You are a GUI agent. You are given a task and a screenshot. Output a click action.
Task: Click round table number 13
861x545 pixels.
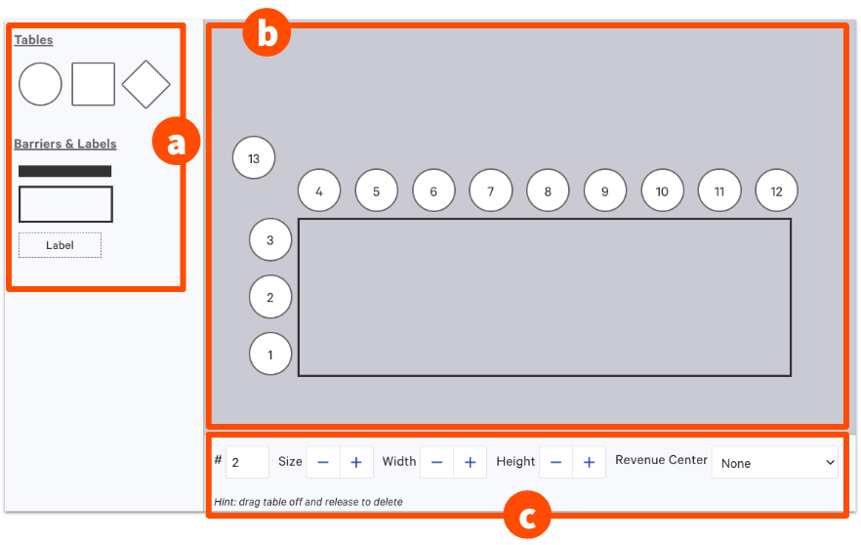[254, 158]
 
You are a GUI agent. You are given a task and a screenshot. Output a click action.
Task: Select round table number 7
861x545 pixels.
[491, 191]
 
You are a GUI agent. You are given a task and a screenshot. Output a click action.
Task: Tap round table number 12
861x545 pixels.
[776, 191]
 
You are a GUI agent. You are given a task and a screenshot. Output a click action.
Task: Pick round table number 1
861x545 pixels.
[270, 355]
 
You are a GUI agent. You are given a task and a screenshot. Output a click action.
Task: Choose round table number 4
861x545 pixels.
[319, 191]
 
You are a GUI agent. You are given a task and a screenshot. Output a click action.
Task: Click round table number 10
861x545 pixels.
[662, 191]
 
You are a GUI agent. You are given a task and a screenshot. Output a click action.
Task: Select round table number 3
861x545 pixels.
[270, 239]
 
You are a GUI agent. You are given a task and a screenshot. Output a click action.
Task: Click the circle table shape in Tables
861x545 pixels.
[40, 84]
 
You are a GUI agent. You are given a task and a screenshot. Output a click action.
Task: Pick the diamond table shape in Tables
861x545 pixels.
[146, 84]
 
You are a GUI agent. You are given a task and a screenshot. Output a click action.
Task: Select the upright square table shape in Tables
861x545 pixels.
[94, 84]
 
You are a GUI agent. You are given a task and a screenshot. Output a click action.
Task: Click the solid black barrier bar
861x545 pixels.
[64, 171]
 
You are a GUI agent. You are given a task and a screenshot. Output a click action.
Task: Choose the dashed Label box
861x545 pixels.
[60, 245]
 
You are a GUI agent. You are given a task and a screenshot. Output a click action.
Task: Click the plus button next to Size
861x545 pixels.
[356, 463]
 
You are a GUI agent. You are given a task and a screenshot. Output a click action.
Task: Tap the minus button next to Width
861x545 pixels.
[437, 463]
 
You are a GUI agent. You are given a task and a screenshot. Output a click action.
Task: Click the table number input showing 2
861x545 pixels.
[247, 462]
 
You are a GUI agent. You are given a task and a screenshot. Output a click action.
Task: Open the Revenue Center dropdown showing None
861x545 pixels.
[775, 463]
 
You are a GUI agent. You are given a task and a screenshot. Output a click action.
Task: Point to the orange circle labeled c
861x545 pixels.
[527, 516]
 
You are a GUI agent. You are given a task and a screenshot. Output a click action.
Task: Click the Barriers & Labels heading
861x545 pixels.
[64, 144]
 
